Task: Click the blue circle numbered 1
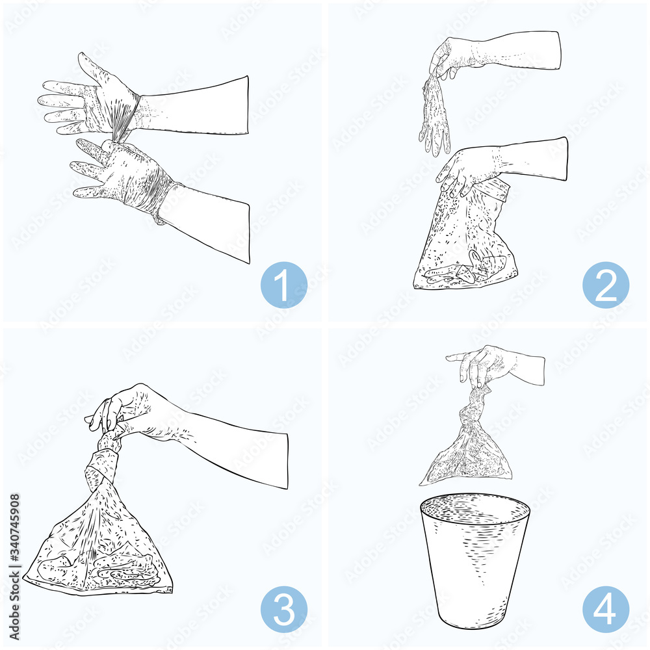point(283,284)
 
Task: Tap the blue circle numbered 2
point(605,284)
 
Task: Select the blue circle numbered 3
point(283,609)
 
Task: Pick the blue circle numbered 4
point(605,609)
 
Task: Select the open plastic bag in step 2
point(465,240)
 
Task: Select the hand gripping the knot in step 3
point(130,413)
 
